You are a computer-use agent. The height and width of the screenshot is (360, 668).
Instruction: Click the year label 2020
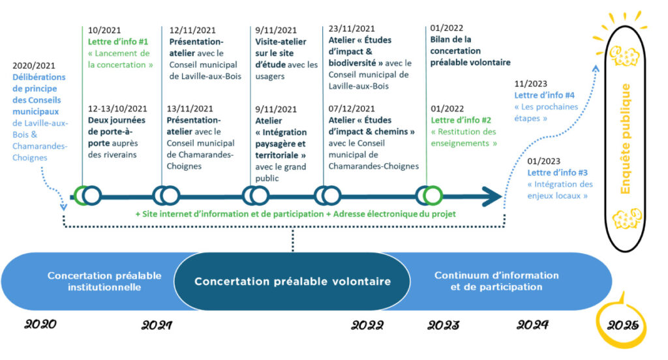pos(40,325)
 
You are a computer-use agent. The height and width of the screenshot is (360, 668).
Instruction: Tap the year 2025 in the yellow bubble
pos(623,325)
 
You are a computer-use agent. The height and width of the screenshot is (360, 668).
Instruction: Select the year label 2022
pos(367,325)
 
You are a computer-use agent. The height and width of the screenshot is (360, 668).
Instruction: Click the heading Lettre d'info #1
pos(118,42)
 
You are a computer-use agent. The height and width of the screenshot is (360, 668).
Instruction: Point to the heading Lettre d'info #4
pos(544,95)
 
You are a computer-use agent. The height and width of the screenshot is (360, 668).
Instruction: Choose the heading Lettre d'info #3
pos(557,173)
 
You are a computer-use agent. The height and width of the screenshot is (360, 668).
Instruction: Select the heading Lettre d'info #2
pos(461,120)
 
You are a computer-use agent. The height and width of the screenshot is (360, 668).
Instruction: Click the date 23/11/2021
pos(352,29)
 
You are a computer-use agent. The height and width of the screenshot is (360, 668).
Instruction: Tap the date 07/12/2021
pos(352,109)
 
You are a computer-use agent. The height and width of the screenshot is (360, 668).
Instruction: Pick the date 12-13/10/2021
pos(117,109)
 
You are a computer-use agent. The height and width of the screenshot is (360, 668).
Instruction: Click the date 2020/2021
pos(34,66)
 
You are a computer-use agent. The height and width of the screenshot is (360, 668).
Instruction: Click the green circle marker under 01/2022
pos(433,196)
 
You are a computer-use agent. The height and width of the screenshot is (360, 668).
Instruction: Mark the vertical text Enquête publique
pos(625,139)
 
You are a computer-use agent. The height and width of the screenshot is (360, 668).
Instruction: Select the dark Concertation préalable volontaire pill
pos(292,281)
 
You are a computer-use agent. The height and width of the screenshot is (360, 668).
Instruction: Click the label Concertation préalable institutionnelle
pos(104,281)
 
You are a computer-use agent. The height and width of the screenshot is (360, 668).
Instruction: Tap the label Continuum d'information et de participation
pos(496,281)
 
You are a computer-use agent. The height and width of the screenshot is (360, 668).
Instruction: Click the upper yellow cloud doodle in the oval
pos(624,56)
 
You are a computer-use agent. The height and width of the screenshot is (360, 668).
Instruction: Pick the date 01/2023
pos(543,161)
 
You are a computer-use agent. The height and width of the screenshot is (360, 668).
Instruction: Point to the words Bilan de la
pos(451,40)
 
